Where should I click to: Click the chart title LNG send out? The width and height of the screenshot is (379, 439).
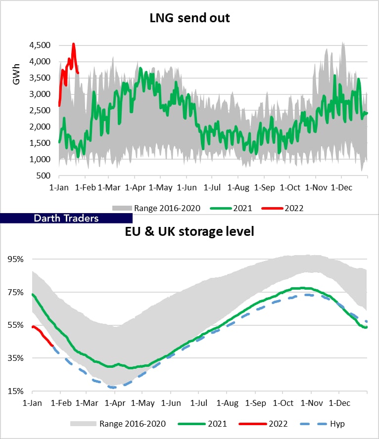(x=190, y=19)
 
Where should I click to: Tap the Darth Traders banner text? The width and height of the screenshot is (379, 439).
(x=66, y=218)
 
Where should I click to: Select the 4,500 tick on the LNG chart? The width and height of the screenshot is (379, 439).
(x=40, y=45)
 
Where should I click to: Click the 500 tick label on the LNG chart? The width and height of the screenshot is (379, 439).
(x=44, y=176)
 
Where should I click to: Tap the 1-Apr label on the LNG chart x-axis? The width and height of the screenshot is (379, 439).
(x=136, y=188)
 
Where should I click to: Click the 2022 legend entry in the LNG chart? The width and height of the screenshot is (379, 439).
(x=294, y=208)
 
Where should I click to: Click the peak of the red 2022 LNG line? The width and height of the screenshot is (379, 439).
(x=73, y=44)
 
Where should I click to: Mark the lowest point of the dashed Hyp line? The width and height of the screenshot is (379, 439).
(x=113, y=387)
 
